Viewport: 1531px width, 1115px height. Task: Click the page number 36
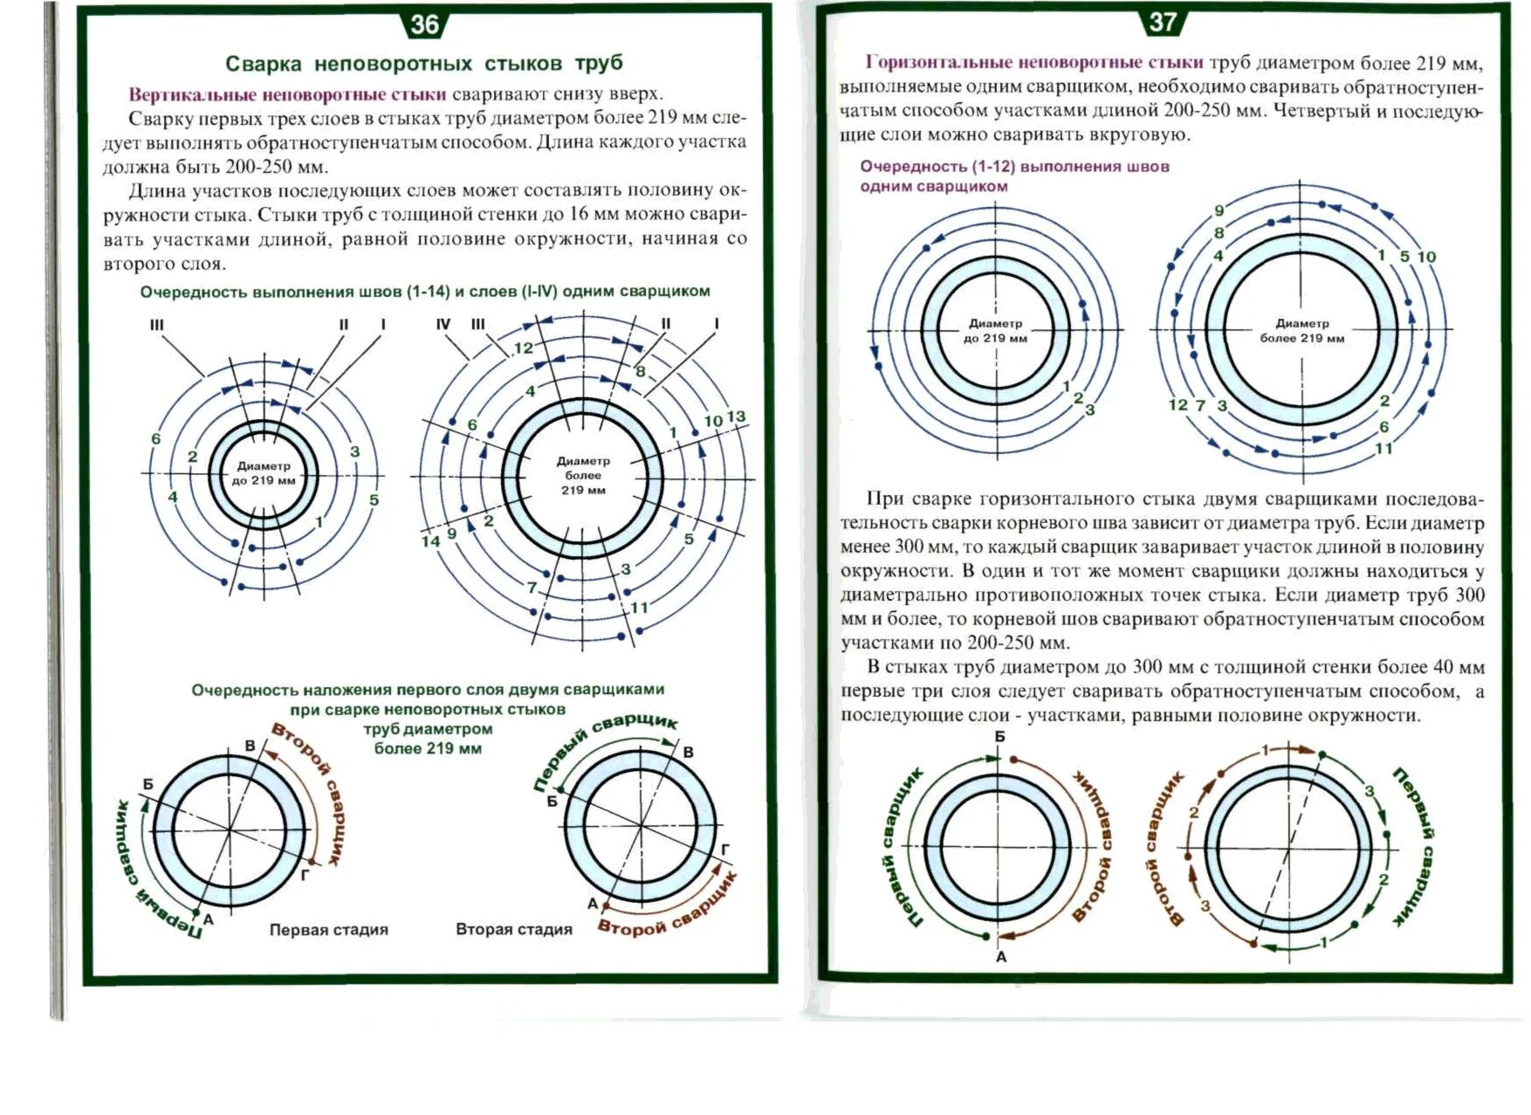424,24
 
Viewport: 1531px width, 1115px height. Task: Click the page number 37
1163,22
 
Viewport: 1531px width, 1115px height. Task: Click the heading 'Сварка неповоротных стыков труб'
424,64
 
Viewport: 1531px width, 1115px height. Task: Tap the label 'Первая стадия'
328,930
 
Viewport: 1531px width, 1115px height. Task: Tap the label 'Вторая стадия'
513,930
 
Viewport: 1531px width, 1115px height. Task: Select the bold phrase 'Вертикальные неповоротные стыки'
287,94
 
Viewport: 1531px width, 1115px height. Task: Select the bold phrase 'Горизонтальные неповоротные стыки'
1034,62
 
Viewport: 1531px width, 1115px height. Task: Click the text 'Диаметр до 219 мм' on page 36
263,473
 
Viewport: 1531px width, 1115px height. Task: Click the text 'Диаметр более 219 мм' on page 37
1301,331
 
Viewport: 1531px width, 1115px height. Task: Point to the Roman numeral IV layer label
443,325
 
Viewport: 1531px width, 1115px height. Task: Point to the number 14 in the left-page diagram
430,541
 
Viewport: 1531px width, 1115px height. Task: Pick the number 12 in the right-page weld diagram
1177,404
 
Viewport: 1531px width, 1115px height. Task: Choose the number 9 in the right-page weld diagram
1219,210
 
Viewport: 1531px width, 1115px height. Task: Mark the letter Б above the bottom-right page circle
999,737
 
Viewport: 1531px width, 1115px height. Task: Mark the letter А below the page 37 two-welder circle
1001,957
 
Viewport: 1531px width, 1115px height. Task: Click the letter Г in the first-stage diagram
305,872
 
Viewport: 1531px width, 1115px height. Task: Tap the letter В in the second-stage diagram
688,753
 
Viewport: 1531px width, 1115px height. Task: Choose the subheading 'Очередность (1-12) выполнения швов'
1014,167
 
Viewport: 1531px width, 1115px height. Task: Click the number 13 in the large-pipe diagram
736,416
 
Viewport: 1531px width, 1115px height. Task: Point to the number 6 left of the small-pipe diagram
156,438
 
